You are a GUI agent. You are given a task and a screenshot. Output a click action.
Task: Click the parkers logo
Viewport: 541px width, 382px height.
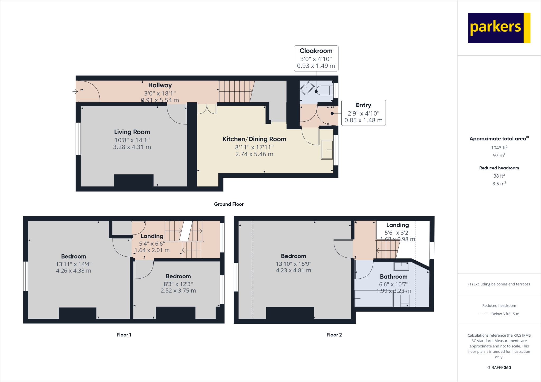click(499, 28)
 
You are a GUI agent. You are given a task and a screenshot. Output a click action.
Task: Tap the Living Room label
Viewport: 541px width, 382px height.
click(132, 132)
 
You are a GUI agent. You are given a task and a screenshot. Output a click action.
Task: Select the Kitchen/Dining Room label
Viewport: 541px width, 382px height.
click(254, 139)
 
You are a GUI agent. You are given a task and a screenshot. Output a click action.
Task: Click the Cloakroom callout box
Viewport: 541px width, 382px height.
click(316, 58)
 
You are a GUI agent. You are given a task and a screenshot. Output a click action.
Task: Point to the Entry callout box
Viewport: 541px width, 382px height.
click(363, 113)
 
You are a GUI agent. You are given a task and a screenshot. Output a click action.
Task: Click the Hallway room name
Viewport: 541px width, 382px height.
click(160, 85)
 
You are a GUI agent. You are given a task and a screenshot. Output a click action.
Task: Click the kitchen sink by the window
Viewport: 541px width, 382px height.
click(327, 150)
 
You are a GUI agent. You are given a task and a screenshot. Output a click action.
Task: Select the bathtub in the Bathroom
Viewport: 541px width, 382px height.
click(374, 298)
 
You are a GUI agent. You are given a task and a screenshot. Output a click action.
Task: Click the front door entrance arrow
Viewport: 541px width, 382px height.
click(75, 92)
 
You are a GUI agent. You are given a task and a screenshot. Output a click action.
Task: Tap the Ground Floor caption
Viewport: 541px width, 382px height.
click(229, 204)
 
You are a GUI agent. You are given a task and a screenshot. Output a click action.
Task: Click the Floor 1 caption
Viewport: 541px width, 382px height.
click(124, 335)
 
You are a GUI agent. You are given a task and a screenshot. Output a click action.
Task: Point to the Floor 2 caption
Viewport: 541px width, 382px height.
click(334, 335)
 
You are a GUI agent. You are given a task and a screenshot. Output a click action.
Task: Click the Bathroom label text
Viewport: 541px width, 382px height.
click(394, 276)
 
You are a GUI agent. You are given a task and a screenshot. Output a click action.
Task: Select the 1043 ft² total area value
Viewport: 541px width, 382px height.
click(499, 148)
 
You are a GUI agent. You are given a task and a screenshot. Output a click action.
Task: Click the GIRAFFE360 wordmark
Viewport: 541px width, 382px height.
click(499, 367)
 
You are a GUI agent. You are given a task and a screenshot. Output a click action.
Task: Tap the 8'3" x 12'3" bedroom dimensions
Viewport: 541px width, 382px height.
click(178, 284)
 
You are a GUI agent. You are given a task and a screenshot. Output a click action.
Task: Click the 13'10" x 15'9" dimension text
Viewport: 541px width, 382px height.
click(293, 264)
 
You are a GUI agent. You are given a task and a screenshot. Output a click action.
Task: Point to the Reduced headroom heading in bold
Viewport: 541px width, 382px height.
click(499, 168)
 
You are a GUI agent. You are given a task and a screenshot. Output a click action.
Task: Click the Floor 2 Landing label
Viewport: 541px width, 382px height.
click(398, 225)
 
